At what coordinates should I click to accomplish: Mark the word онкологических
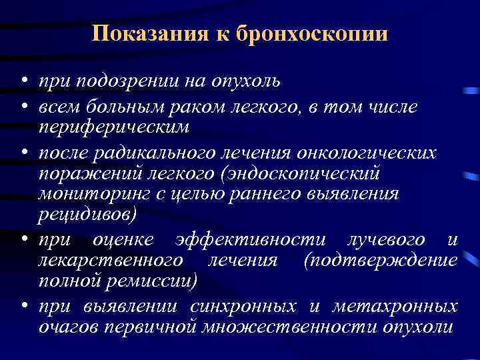pos(371,151)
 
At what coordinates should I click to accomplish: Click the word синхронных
pos(243,307)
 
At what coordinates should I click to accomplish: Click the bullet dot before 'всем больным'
pos(23,106)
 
